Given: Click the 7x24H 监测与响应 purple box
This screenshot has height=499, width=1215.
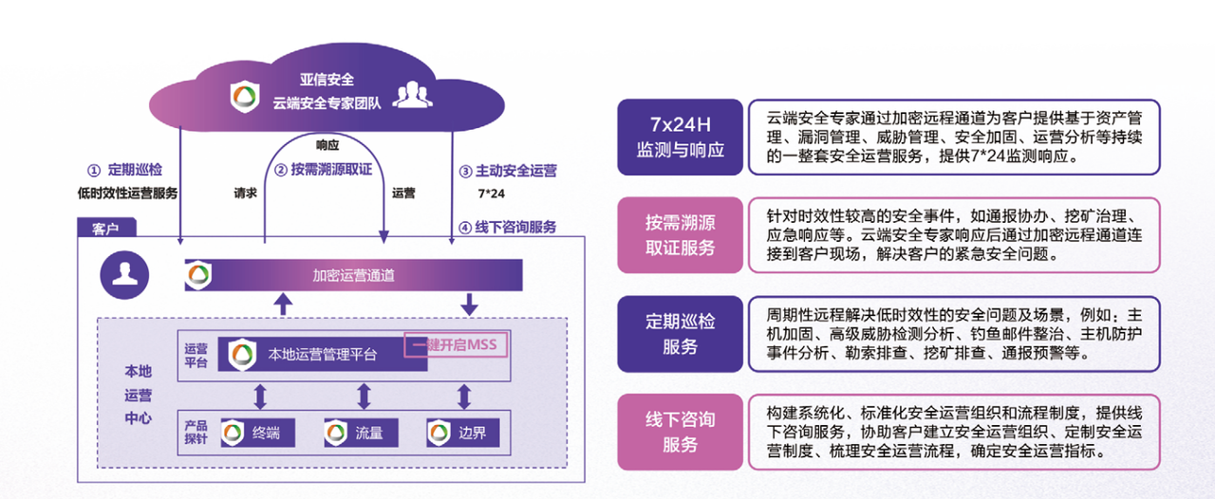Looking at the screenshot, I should [x=680, y=137].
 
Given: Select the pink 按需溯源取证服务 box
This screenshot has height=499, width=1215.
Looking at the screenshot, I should [x=680, y=235].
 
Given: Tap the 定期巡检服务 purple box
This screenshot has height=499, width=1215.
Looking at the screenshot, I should [x=680, y=334].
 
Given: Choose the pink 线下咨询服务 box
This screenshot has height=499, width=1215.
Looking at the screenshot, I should [x=680, y=432].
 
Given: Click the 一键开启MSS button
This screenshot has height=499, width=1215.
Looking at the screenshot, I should [x=456, y=345].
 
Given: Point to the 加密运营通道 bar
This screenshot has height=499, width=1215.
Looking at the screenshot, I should [x=353, y=275].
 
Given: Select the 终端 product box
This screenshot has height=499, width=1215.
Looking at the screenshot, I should [x=257, y=434].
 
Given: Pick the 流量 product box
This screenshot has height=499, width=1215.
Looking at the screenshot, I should [x=361, y=434].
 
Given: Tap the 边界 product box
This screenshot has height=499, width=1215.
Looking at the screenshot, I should [x=462, y=434].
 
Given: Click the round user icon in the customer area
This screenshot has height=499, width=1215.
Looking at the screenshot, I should [x=124, y=275].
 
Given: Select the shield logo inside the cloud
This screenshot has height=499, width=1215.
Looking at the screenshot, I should [x=246, y=95].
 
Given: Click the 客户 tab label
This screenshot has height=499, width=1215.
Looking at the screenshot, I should [x=105, y=229].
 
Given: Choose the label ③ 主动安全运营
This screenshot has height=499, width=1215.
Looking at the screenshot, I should [x=507, y=172].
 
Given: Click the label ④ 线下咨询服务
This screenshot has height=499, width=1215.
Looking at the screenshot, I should [x=507, y=227].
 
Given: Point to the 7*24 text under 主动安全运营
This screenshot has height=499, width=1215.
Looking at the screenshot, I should [x=491, y=194].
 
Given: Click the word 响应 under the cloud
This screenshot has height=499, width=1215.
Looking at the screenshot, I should [x=327, y=145].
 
